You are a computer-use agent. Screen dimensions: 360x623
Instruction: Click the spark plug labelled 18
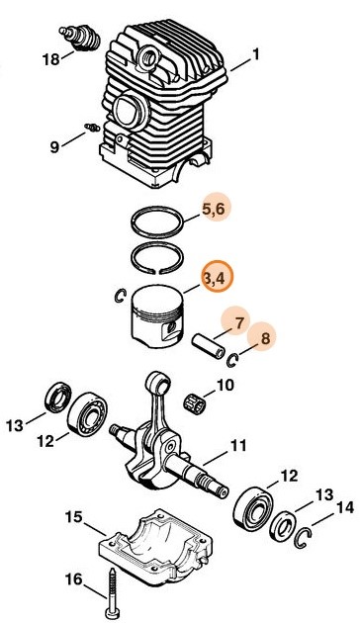[80, 39]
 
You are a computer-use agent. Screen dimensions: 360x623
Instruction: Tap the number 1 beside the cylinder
[255, 54]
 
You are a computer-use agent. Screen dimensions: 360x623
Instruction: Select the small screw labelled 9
[92, 128]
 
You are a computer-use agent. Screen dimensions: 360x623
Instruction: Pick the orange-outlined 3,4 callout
[217, 277]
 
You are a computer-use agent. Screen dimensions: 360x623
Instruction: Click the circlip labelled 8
[232, 360]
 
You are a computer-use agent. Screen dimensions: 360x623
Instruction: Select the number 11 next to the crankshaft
[238, 445]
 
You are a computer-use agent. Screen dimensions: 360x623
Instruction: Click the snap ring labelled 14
[303, 538]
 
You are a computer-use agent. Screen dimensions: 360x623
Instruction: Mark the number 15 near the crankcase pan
[74, 517]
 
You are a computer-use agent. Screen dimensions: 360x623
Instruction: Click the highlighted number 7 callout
[239, 323]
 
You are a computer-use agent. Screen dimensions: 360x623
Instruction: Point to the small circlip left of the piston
[120, 296]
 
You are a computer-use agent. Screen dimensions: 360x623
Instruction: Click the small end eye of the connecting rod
[158, 383]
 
